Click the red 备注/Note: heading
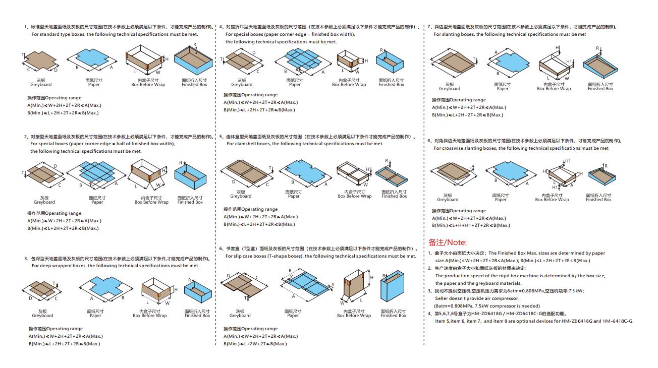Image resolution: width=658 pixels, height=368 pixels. (x=448, y=242)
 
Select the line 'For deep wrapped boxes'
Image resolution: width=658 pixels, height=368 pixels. (x=115, y=266)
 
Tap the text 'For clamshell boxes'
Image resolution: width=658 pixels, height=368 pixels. (x=305, y=144)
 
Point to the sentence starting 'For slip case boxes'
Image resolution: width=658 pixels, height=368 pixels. (x=320, y=256)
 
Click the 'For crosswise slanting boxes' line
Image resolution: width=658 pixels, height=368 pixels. (x=521, y=148)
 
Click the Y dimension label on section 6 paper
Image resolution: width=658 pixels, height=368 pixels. (x=333, y=285)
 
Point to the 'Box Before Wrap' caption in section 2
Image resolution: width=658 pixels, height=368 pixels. (x=151, y=202)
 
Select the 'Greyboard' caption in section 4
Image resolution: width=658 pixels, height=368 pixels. (x=242, y=85)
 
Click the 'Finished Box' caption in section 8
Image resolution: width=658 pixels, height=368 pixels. (x=598, y=200)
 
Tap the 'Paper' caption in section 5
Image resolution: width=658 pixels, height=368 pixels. (x=294, y=196)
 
